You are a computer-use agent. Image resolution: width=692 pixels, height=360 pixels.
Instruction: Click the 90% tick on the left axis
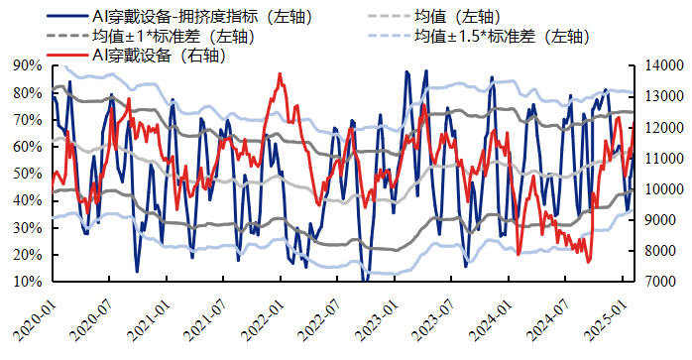tap(27, 65)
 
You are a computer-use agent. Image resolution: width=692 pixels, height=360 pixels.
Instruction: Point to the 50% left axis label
tap(27, 174)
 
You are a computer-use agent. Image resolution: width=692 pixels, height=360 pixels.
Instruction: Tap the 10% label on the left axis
tap(27, 282)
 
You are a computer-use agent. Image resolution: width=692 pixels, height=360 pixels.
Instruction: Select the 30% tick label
tap(27, 228)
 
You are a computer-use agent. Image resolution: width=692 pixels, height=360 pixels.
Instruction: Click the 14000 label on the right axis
tap(657, 65)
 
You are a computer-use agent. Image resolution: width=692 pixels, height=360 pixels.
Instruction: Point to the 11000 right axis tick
tap(657, 159)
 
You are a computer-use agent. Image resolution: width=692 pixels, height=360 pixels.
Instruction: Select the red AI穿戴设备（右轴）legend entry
tap(159, 56)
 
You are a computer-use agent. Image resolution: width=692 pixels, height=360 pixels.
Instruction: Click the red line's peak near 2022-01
tap(280, 74)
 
